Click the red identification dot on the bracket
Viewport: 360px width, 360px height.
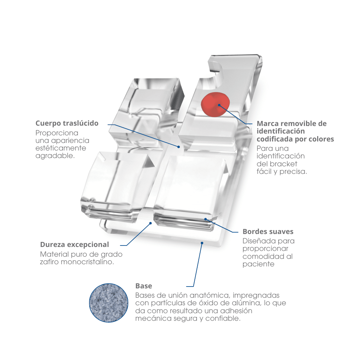point(215,104)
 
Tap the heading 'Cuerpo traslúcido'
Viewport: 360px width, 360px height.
point(67,123)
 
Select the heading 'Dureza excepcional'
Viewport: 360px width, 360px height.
point(75,244)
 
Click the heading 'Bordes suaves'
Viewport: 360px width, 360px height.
point(268,231)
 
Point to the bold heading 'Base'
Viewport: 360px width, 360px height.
point(144,286)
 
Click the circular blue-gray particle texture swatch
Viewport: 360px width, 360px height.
point(109,303)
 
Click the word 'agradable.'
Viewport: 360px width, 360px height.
point(55,156)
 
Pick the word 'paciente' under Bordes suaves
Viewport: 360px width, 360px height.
point(258,264)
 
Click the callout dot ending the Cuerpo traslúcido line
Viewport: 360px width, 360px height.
point(179,147)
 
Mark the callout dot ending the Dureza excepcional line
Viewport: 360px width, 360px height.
point(150,223)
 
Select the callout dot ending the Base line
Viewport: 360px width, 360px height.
point(202,243)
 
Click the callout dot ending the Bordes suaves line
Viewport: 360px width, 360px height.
point(206,219)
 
